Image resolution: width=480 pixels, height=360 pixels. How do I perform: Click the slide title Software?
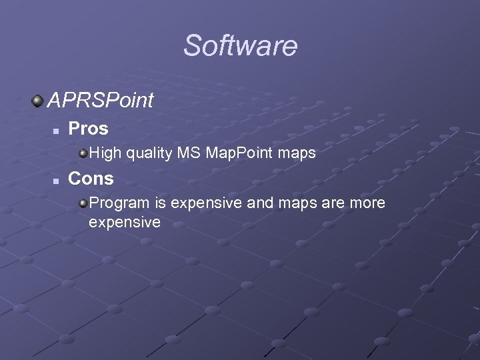tap(240, 46)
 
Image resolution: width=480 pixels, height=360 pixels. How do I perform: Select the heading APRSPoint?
tap(100, 101)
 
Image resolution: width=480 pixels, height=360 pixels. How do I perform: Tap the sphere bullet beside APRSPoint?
tap(37, 101)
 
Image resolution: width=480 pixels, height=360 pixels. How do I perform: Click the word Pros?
tap(88, 127)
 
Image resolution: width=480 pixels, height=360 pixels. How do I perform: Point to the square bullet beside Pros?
tap(57, 129)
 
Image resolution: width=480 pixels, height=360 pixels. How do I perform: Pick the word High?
tap(105, 154)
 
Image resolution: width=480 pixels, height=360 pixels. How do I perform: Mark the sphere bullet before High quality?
tap(83, 154)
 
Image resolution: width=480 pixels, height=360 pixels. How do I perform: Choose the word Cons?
tap(91, 179)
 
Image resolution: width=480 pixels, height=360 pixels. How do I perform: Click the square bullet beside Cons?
tap(57, 180)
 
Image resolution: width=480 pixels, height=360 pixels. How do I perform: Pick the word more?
tap(367, 203)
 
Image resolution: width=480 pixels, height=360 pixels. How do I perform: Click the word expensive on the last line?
tap(125, 223)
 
